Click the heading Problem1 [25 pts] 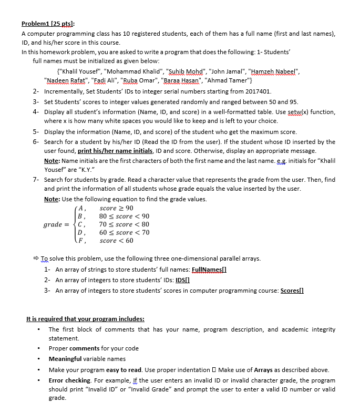(x=48, y=24)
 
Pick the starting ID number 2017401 (x=256, y=91)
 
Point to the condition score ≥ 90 (x=117, y=208)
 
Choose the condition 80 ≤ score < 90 (x=124, y=216)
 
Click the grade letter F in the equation (x=80, y=241)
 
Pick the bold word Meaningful (x=65, y=359)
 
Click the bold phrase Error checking (x=70, y=380)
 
